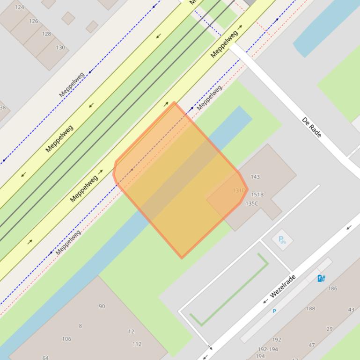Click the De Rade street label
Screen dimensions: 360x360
click(312, 127)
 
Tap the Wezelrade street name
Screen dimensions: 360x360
click(283, 287)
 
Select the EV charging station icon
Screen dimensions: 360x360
click(321, 278)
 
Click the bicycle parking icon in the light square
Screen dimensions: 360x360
click(282, 240)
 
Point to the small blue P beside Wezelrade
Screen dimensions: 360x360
click(274, 311)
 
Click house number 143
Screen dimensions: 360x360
click(255, 177)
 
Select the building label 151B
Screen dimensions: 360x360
click(257, 194)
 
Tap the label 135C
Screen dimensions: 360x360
click(251, 203)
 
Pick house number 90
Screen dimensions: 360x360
click(102, 306)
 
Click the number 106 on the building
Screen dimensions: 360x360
click(66, 339)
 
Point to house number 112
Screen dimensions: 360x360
click(137, 344)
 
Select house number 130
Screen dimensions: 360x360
click(60, 48)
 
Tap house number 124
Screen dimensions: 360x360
click(19, 7)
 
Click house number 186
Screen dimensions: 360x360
click(332, 288)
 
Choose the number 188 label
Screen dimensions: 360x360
click(310, 309)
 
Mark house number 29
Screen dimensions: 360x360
click(330, 329)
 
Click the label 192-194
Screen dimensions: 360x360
click(267, 349)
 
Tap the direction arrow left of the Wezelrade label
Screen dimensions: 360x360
click(265, 301)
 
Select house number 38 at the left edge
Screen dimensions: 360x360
click(3, 108)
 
